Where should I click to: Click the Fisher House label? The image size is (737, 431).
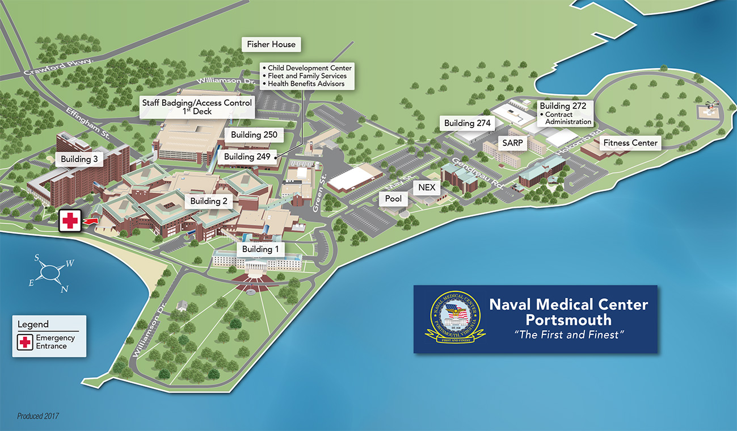(x=271, y=44)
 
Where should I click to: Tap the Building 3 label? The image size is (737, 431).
(x=79, y=160)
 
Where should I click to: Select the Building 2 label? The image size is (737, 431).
(x=209, y=201)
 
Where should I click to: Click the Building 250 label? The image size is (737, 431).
(x=254, y=135)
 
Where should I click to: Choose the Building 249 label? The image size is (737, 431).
(x=247, y=157)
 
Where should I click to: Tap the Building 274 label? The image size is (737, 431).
(x=467, y=123)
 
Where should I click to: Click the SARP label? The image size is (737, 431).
(x=512, y=143)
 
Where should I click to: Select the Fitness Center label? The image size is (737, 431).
(x=630, y=143)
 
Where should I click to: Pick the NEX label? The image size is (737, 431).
(x=426, y=187)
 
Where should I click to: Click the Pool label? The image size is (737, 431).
(x=393, y=199)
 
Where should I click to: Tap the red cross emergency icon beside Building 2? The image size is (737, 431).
(x=69, y=220)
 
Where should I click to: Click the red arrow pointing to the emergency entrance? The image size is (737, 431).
(x=91, y=220)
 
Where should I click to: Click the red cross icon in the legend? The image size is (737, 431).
(x=25, y=342)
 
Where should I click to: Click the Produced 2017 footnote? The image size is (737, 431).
(x=38, y=416)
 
